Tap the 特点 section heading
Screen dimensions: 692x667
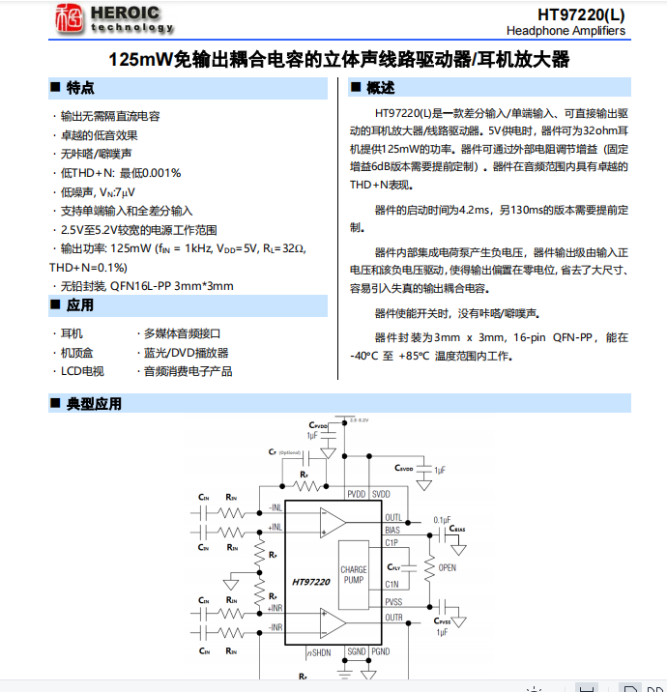pos(80,88)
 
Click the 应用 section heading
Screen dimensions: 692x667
pos(80,305)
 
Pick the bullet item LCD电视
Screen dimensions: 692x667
pos(82,370)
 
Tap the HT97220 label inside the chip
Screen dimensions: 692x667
pos(311,582)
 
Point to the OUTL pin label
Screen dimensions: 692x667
pos(393,517)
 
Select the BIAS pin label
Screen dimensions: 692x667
pos(392,530)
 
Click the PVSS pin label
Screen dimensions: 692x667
pos(393,602)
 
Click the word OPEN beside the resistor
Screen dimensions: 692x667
pos(448,567)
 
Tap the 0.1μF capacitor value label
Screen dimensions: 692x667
pos(443,519)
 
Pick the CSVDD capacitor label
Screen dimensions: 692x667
pos(404,468)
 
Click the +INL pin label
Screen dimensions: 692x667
pos(275,527)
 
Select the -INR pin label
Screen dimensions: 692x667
pos(275,627)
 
